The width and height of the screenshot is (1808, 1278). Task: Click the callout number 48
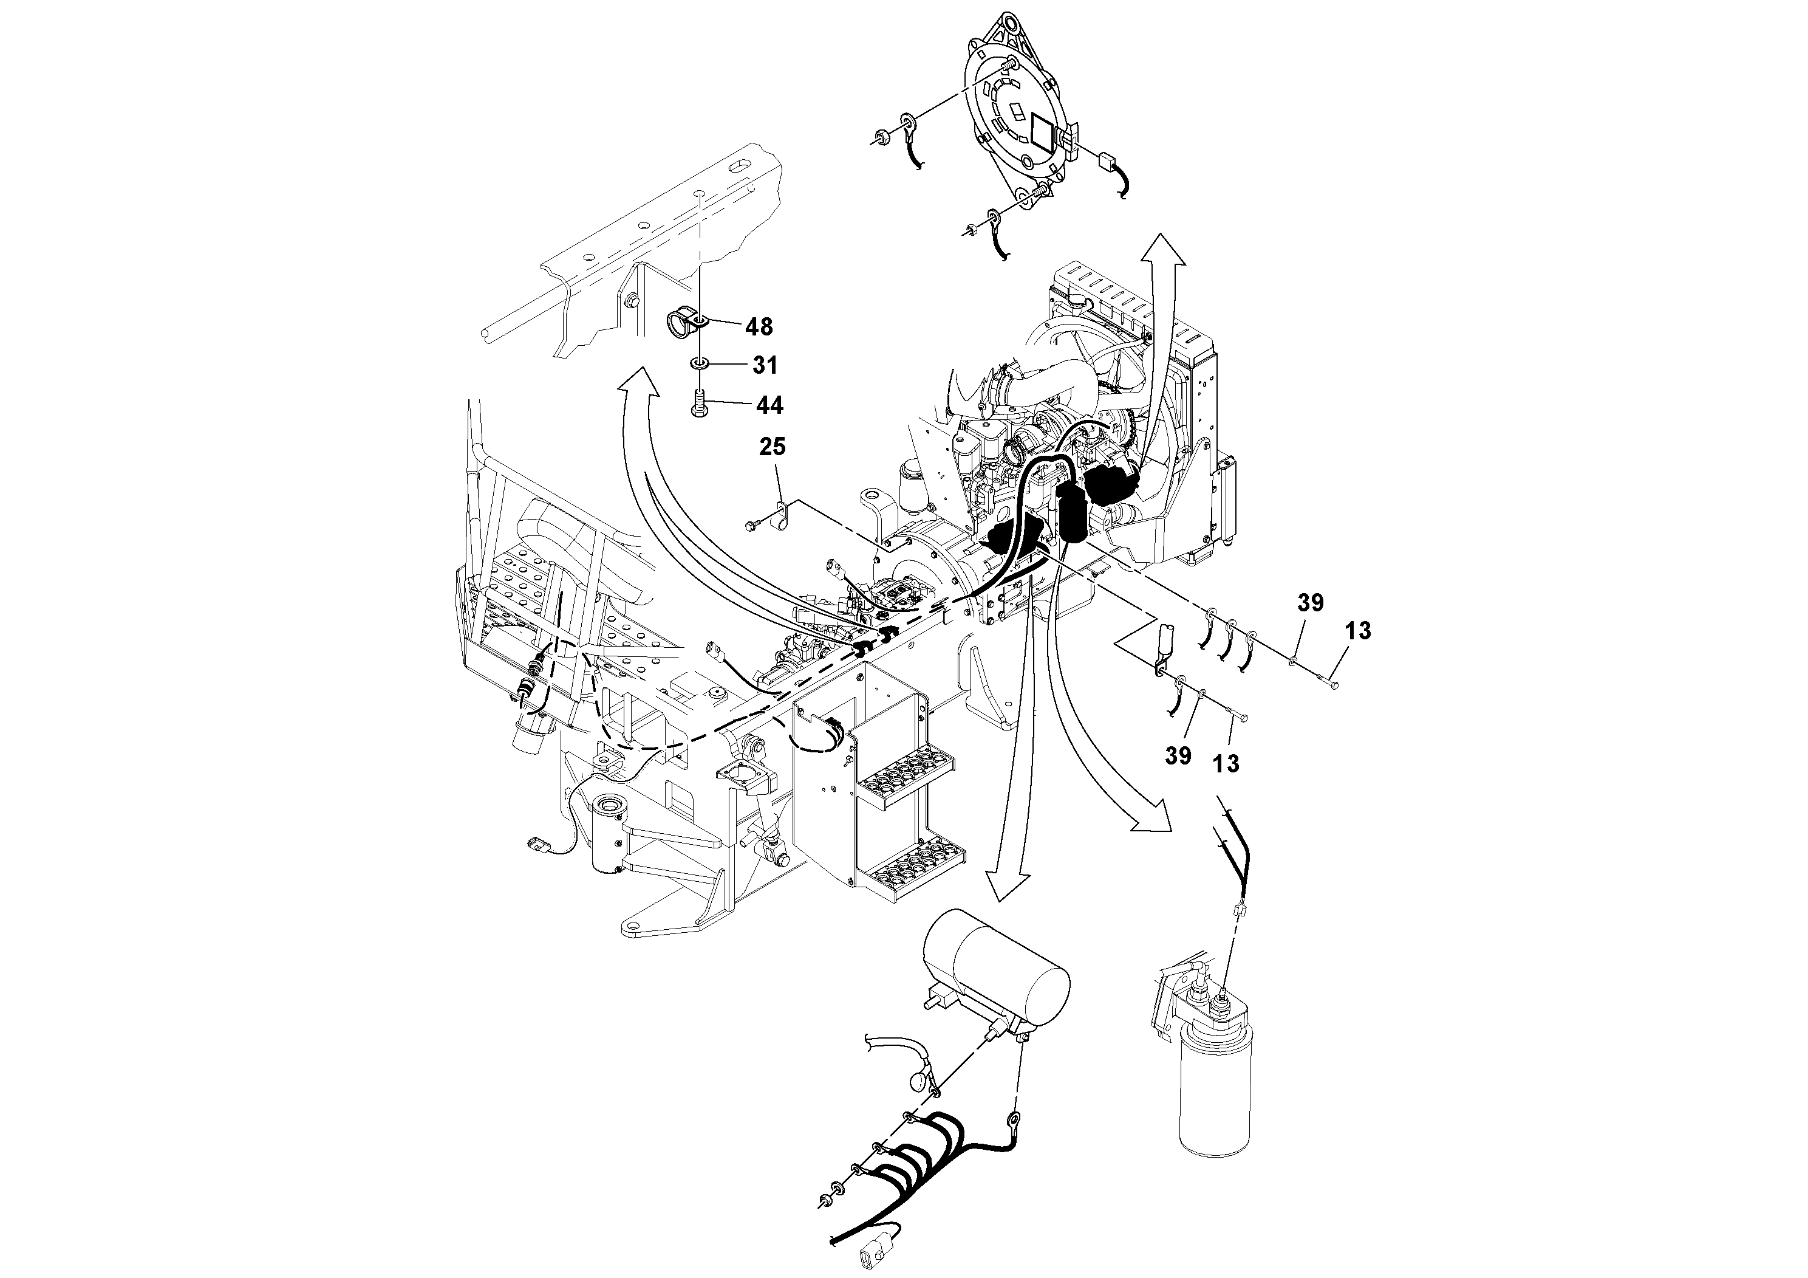759,326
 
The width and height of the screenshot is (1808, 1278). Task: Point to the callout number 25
773,447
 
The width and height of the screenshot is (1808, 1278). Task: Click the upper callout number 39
1311,603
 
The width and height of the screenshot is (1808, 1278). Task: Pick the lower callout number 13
1226,763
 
